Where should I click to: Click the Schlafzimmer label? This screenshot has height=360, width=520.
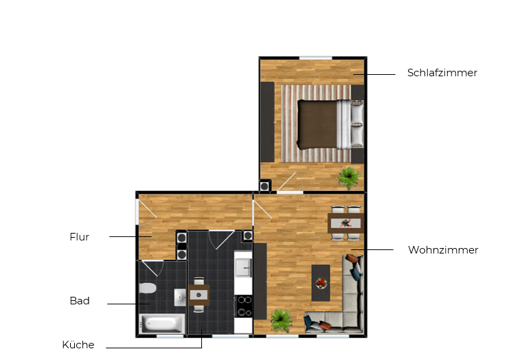tap(442, 73)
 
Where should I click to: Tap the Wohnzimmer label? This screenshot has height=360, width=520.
tap(442, 250)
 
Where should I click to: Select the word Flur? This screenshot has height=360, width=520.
tap(80, 237)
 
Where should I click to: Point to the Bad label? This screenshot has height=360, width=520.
tap(80, 301)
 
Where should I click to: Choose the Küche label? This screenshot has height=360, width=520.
tap(78, 345)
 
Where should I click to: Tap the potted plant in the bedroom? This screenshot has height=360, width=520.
tap(348, 177)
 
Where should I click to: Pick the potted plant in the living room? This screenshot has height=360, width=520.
tap(280, 319)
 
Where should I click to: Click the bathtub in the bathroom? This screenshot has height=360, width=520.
tap(162, 324)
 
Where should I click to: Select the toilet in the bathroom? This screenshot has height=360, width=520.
tap(149, 288)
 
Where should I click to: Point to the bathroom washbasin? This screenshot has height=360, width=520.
tap(179, 297)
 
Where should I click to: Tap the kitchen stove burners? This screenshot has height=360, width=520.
tap(243, 306)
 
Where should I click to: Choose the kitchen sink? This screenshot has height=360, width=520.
tap(243, 265)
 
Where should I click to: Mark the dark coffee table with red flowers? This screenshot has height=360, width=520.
tap(321, 282)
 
